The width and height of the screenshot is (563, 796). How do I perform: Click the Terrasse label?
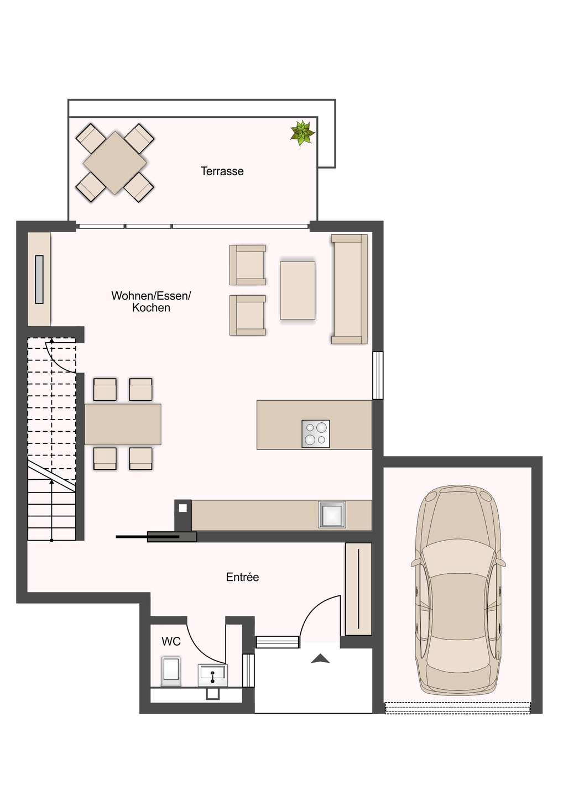tap(222, 171)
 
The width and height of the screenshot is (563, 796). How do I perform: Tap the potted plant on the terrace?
tap(302, 133)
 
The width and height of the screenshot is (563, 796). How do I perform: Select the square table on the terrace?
tap(115, 163)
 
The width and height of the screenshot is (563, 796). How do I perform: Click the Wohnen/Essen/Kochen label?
tap(151, 302)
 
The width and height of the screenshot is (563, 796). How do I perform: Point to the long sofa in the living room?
tap(350, 289)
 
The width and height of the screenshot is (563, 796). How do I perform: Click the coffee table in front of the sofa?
tap(298, 290)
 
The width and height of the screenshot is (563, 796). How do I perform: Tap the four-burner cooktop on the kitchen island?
tap(316, 433)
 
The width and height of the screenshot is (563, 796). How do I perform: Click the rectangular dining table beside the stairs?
tap(123, 424)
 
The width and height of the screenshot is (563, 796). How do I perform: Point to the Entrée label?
tap(242, 577)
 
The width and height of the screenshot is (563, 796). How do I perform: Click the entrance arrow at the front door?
tap(320, 658)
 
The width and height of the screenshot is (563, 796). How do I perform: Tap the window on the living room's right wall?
tap(378, 375)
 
